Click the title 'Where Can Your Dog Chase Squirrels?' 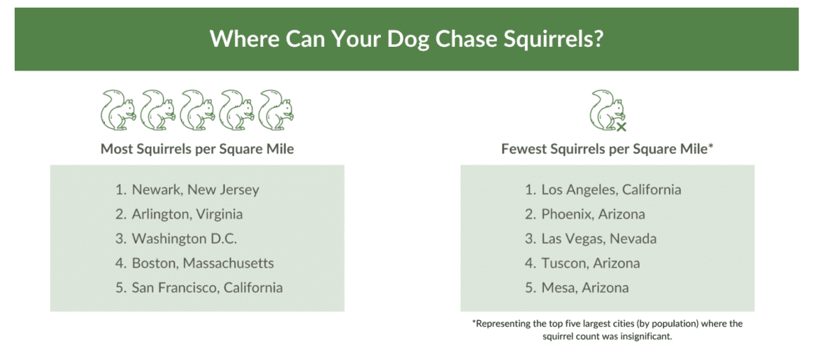(x=406, y=39)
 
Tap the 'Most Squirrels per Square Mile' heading (x=197, y=149)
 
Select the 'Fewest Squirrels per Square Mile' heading (x=607, y=149)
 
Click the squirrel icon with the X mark (x=608, y=110)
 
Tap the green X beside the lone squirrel (x=622, y=127)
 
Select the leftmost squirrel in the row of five (x=117, y=110)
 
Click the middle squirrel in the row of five (x=197, y=110)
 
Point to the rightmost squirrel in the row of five (x=276, y=110)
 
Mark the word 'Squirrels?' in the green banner (x=554, y=39)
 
